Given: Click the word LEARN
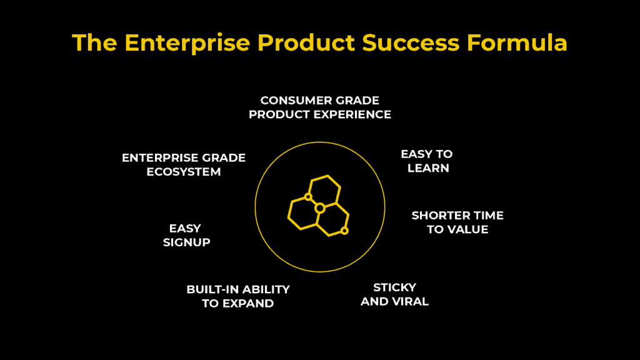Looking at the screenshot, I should [428, 168].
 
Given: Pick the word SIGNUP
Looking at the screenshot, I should [186, 242].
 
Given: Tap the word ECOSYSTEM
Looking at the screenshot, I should [184, 172].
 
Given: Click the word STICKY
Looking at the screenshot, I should [394, 287].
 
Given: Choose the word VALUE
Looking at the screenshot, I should [468, 229].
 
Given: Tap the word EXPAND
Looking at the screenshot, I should [251, 304].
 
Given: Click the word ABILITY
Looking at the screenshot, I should [266, 289].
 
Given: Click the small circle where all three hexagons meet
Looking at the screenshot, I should [319, 207].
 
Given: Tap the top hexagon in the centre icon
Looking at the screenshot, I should [325, 190].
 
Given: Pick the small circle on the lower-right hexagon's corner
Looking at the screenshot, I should [344, 231].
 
